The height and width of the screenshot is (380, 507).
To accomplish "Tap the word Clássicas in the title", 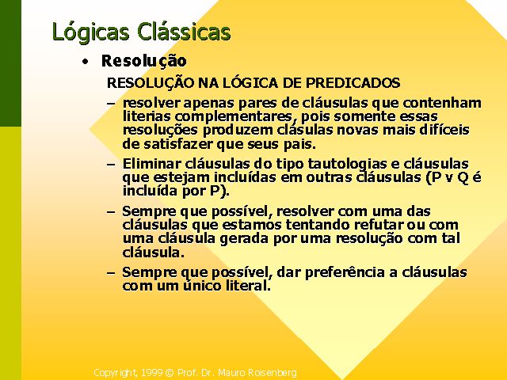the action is click(184, 32).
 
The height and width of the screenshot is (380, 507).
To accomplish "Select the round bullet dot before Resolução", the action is click(85, 62).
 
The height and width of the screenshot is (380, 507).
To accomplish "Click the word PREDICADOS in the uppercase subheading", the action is click(353, 83).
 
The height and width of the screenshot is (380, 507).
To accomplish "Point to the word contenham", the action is click(442, 103).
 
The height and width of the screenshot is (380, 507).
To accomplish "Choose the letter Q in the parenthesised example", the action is click(463, 178).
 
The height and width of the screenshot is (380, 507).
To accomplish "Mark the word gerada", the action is click(245, 238).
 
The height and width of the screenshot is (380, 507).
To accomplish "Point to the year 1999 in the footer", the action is click(151, 373).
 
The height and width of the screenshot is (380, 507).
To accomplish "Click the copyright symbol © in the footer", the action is click(170, 373).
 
